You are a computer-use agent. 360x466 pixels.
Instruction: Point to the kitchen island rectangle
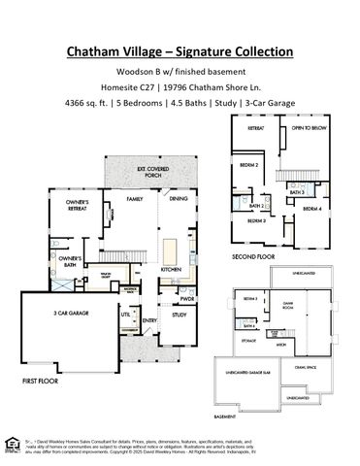click(172, 248)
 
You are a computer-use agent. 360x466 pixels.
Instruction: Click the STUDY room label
click(179, 315)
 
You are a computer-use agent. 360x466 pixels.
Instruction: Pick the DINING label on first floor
click(179, 199)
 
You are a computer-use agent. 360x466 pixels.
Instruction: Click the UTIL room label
click(125, 315)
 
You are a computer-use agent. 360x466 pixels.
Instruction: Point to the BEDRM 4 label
click(311, 209)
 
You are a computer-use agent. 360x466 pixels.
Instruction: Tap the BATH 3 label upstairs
click(297, 192)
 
